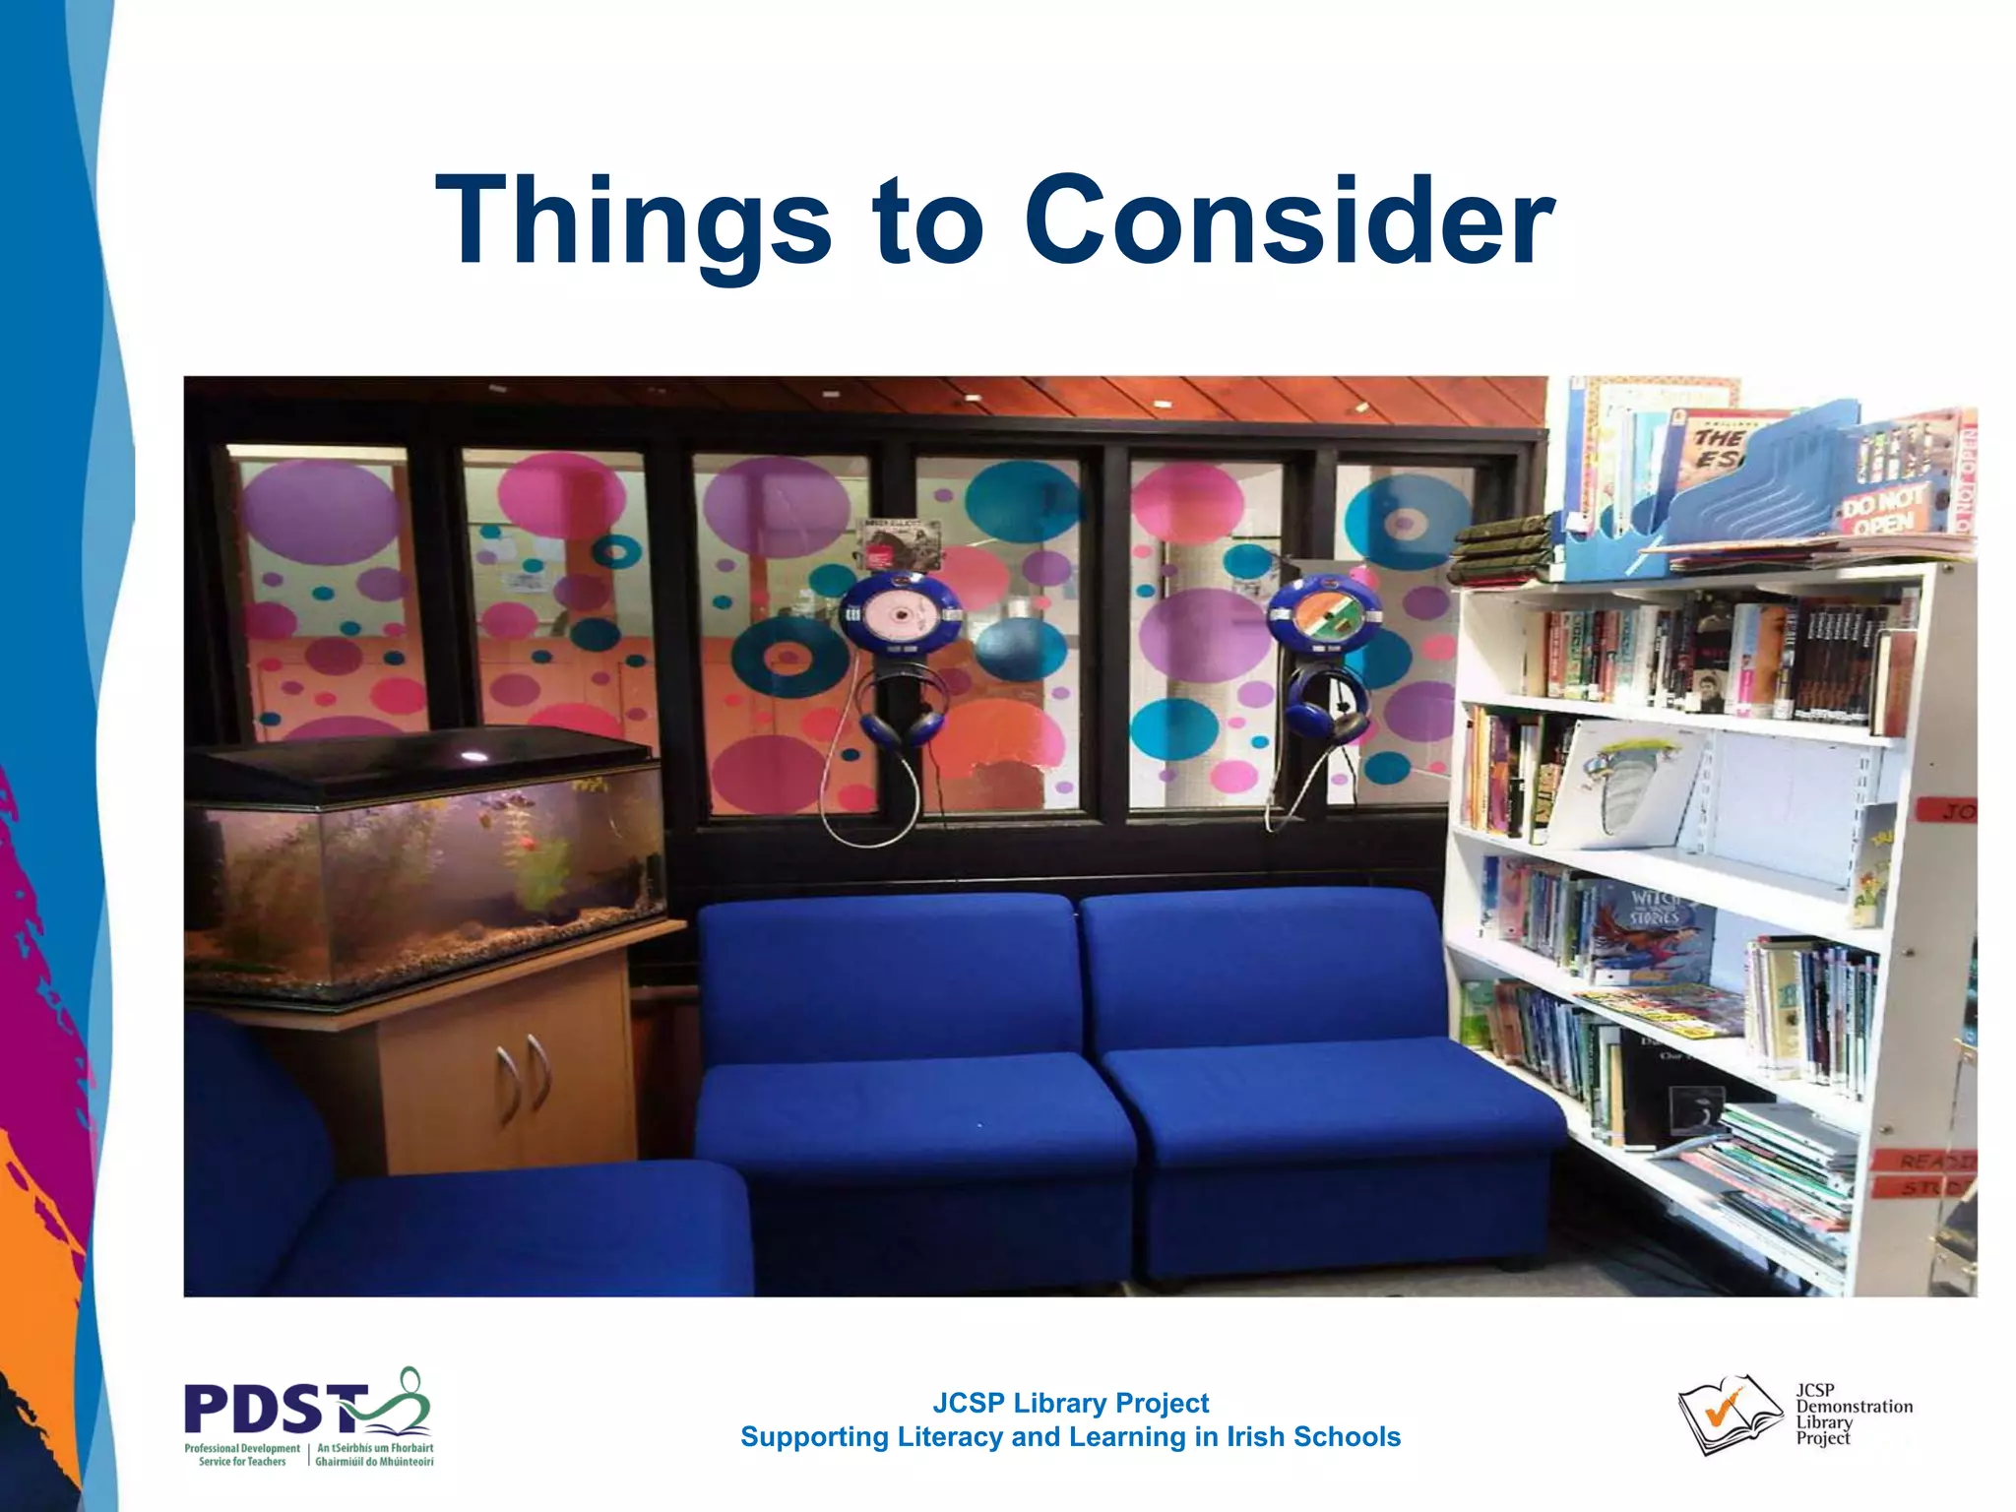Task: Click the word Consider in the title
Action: tap(1289, 220)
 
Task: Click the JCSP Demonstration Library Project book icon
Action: tap(1729, 1414)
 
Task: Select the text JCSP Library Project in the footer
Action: tap(1070, 1403)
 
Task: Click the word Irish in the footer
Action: tap(1255, 1437)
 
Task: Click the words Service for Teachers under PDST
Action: tap(242, 1462)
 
